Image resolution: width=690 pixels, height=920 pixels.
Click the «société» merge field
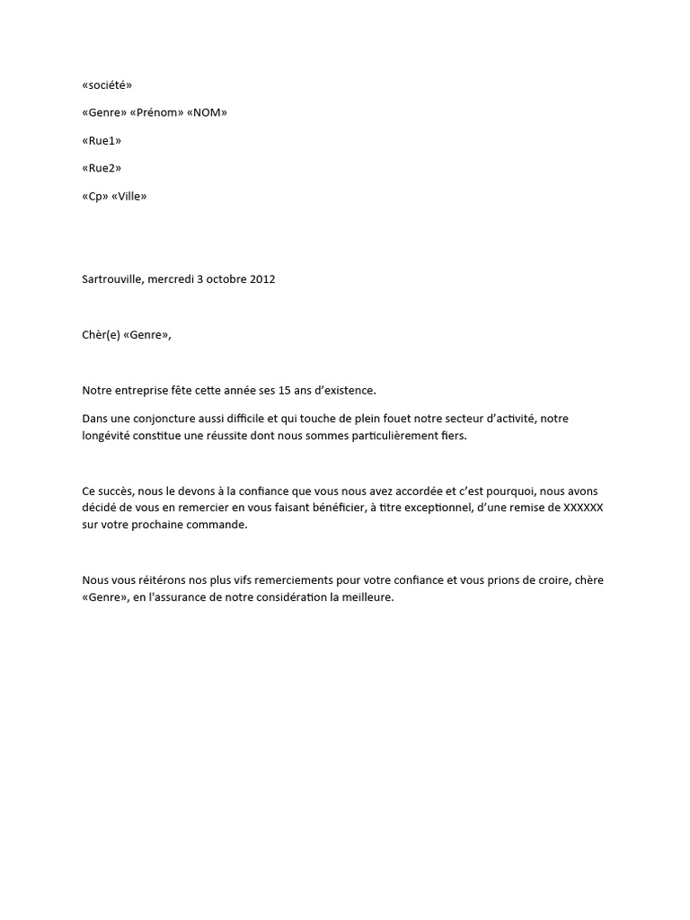[107, 84]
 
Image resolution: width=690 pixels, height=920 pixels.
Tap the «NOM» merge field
[207, 112]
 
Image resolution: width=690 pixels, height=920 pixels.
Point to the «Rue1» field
[102, 140]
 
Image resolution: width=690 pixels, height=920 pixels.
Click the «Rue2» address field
[102, 168]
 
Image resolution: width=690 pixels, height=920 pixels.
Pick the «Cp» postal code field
[95, 196]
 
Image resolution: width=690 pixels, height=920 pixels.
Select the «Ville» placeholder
[129, 196]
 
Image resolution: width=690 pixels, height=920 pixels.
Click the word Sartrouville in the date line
[112, 279]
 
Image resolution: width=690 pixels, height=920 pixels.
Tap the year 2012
[261, 279]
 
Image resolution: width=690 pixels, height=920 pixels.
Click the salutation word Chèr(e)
[101, 335]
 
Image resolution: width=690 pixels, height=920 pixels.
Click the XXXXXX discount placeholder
[582, 508]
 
